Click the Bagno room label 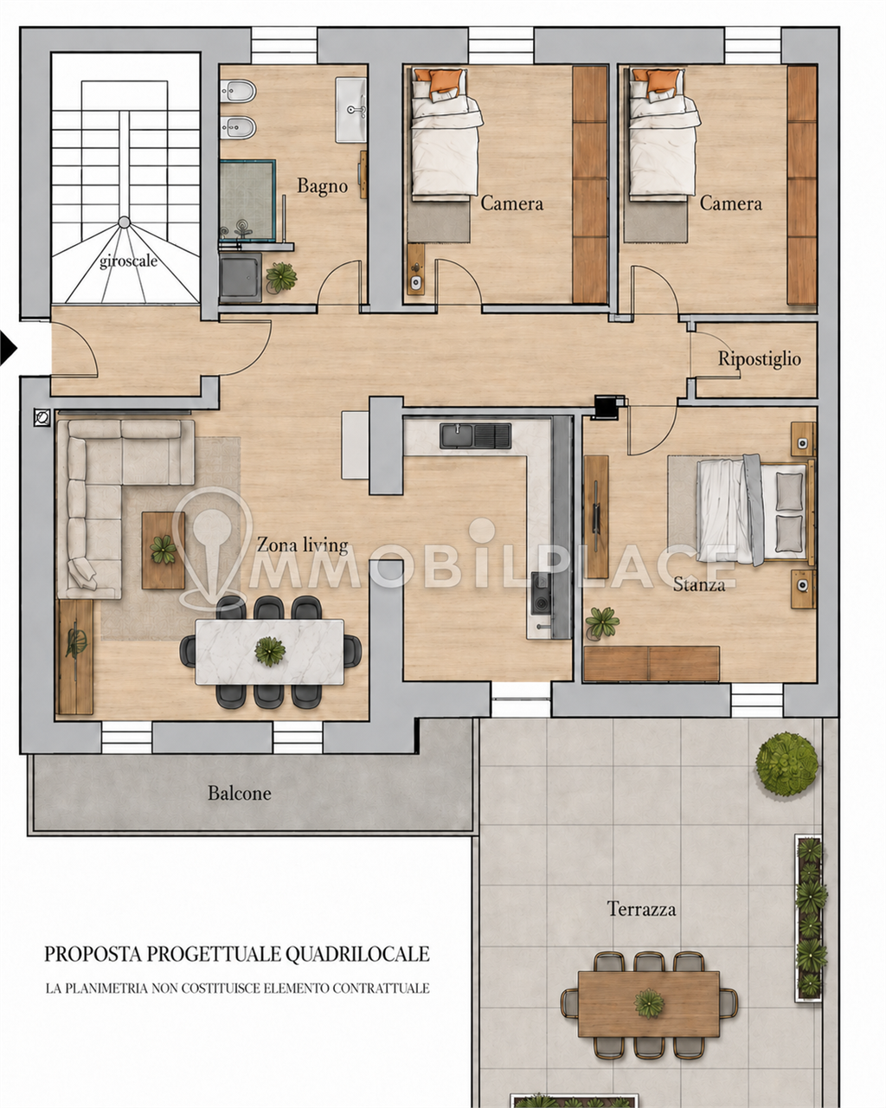(x=322, y=186)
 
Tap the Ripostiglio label (x=759, y=359)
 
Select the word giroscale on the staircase (x=128, y=261)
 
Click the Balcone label (x=240, y=793)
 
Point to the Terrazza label (x=641, y=909)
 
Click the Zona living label (x=302, y=544)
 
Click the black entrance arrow (x=9, y=349)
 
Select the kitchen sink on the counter (x=475, y=435)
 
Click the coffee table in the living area (x=164, y=551)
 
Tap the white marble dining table (x=269, y=652)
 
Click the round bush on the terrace (x=786, y=764)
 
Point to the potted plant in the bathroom (x=281, y=278)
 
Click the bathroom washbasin (x=351, y=110)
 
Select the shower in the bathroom (x=247, y=200)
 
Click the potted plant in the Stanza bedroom (x=602, y=623)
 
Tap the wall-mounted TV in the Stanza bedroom (x=595, y=516)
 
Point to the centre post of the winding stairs (x=124, y=222)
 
